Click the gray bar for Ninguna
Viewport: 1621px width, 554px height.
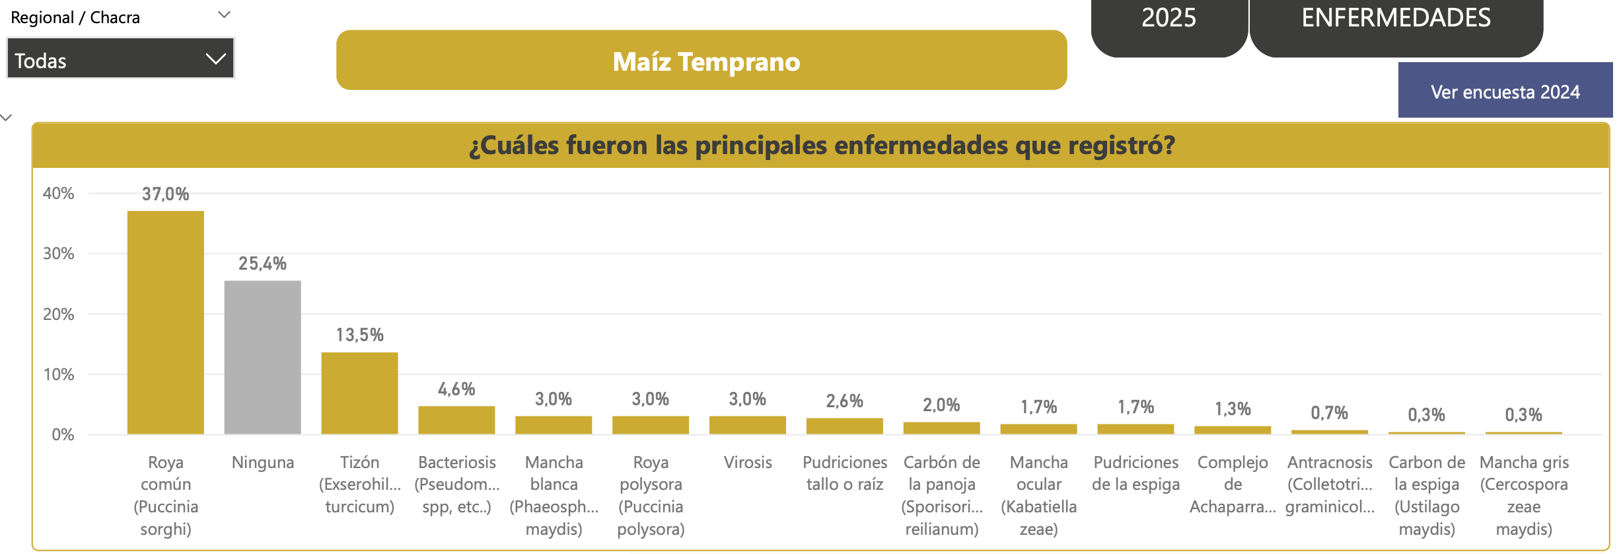[x=262, y=357]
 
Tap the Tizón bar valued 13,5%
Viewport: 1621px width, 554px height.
[x=359, y=393]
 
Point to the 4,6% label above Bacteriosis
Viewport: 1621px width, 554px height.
[x=456, y=389]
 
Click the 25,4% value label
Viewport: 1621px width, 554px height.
[x=262, y=264]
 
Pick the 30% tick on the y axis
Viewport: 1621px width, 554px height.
[x=58, y=254]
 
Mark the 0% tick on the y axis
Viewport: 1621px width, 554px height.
[x=63, y=435]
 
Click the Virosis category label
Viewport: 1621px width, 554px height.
[x=748, y=463]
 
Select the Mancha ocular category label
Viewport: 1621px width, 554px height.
[x=1038, y=495]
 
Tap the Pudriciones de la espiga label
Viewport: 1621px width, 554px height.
[x=1135, y=473]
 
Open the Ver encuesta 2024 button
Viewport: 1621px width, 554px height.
[x=1505, y=92]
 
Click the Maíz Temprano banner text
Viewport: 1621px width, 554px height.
[x=706, y=61]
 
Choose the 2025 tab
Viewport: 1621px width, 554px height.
[x=1169, y=18]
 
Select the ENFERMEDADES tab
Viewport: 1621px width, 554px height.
[x=1396, y=18]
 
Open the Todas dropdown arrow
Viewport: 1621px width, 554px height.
[x=215, y=59]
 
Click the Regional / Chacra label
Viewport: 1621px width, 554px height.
[x=75, y=18]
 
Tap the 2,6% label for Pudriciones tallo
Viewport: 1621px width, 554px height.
[x=844, y=401]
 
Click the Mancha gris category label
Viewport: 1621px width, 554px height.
[x=1523, y=495]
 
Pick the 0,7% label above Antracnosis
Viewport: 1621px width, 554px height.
[x=1329, y=413]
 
